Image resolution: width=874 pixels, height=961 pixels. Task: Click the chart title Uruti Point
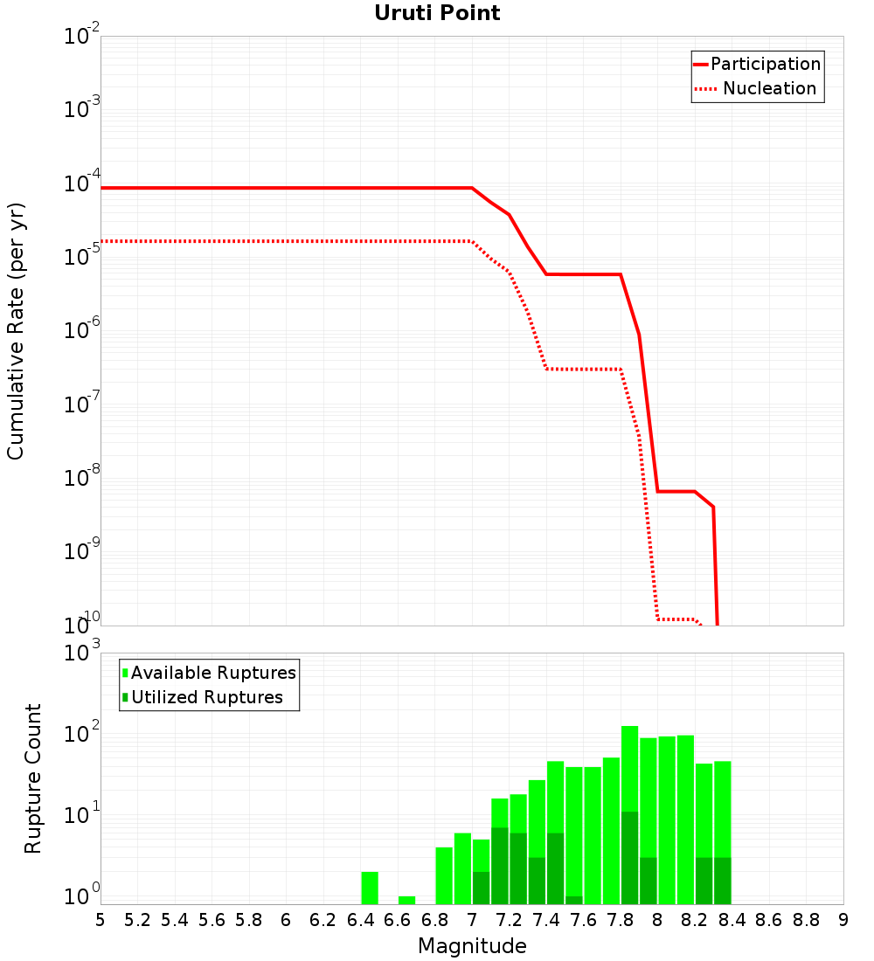pyautogui.click(x=437, y=13)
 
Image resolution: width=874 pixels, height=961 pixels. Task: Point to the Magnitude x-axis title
pyautogui.click(x=472, y=946)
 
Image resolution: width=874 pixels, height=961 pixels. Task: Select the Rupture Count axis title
pyautogui.click(x=33, y=778)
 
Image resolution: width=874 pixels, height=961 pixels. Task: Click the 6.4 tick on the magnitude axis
pyautogui.click(x=360, y=920)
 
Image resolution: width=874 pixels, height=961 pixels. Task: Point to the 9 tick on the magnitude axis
pyautogui.click(x=843, y=920)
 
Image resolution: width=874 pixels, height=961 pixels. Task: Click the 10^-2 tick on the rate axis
pyautogui.click(x=82, y=37)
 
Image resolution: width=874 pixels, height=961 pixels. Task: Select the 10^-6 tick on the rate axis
pyautogui.click(x=82, y=331)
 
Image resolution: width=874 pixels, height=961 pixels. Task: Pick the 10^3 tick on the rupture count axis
pyautogui.click(x=82, y=653)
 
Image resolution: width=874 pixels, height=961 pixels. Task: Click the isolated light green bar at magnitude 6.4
pyautogui.click(x=369, y=888)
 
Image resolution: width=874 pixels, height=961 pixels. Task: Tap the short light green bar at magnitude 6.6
pyautogui.click(x=406, y=900)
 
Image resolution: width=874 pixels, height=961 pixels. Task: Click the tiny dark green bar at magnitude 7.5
pyautogui.click(x=573, y=900)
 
